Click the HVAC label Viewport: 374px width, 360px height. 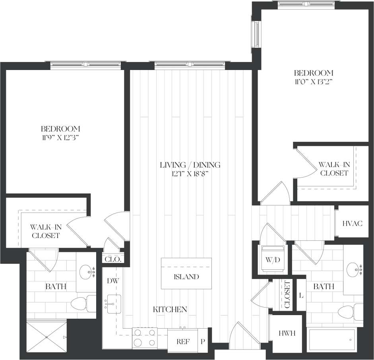pyautogui.click(x=353, y=223)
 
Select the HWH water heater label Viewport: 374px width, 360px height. pyautogui.click(x=286, y=333)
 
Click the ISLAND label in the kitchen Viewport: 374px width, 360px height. pyautogui.click(x=186, y=277)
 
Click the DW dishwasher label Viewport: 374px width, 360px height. pyautogui.click(x=112, y=281)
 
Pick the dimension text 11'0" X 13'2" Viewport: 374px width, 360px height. pyautogui.click(x=313, y=82)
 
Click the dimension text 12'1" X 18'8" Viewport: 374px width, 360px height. pyautogui.click(x=190, y=173)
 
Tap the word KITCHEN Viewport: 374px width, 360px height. pyautogui.click(x=171, y=309)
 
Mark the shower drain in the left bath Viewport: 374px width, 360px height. pyautogui.click(x=46, y=337)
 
